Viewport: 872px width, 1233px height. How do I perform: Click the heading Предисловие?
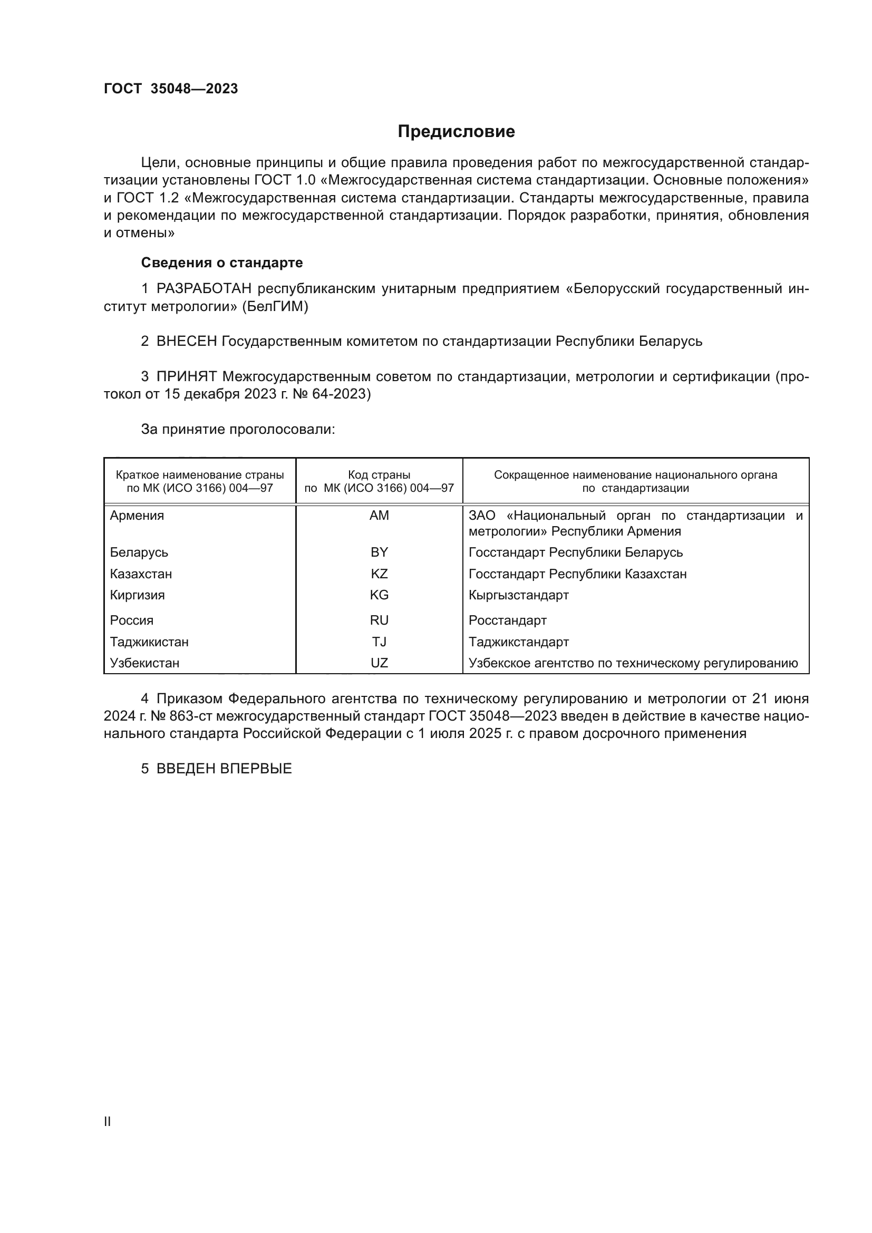point(456,132)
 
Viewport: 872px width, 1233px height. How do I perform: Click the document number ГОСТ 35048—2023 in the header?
point(171,89)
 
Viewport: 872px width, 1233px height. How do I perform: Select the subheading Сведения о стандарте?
point(222,263)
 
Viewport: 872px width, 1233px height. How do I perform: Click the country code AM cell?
point(379,516)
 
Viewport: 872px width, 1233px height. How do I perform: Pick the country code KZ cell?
point(379,574)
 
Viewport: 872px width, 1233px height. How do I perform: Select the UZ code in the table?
point(379,663)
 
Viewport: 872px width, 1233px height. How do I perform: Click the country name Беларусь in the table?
point(139,552)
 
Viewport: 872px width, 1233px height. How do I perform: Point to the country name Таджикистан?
point(149,642)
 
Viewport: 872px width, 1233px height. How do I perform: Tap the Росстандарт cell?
point(507,621)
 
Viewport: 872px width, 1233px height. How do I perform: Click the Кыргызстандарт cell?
point(519,595)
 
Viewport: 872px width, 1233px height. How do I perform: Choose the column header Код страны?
point(379,475)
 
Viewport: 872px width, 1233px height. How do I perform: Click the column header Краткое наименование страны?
point(200,475)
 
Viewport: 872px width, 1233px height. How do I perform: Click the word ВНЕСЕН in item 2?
point(186,342)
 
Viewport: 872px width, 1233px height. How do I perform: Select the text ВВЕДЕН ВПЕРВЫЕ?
point(224,769)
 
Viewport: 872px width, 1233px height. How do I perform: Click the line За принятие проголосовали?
point(238,430)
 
